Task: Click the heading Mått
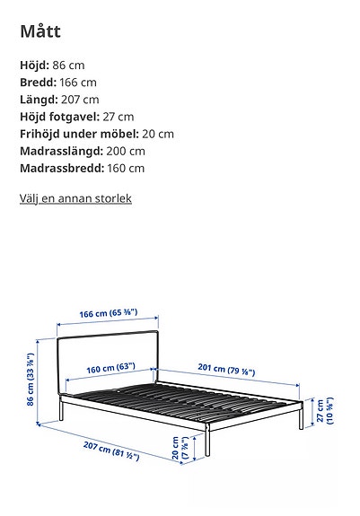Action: [40, 31]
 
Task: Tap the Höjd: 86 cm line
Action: [53, 66]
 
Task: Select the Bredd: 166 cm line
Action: [58, 83]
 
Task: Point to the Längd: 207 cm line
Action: [59, 100]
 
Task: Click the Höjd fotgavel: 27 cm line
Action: [76, 117]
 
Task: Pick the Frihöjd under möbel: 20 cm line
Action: [97, 134]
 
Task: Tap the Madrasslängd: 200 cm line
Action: [82, 151]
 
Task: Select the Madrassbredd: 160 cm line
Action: [82, 168]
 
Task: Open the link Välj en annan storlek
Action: [75, 197]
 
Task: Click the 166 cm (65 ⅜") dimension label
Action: [108, 313]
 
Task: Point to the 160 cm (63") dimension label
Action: [110, 367]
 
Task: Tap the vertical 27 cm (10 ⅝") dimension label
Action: [324, 412]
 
